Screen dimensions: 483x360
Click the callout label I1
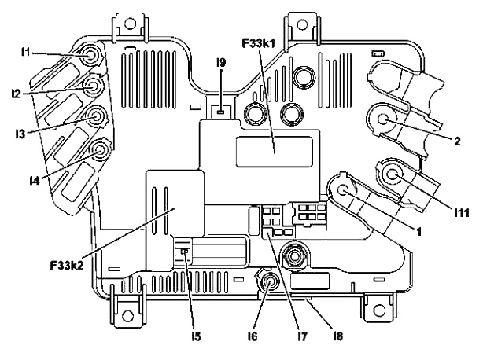tap(25, 53)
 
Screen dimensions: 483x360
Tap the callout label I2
tap(16, 94)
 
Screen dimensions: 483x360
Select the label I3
tap(20, 134)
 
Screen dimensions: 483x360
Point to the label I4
tap(35, 181)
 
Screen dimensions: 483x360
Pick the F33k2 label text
tap(67, 265)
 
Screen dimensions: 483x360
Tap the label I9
tap(221, 63)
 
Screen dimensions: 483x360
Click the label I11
tap(462, 212)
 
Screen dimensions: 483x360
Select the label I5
tap(196, 336)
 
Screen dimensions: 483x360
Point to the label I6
tap(252, 336)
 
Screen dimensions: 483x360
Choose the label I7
tap(303, 336)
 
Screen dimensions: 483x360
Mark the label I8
tap(338, 336)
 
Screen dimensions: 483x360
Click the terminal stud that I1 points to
tap(91, 56)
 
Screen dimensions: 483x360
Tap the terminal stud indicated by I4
tap(101, 150)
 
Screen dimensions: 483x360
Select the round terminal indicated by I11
tap(392, 174)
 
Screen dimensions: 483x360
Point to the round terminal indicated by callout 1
tap(343, 190)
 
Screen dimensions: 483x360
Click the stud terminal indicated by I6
tap(270, 281)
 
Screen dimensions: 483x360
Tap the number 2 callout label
tap(457, 141)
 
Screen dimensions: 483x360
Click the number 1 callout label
tap(418, 232)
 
